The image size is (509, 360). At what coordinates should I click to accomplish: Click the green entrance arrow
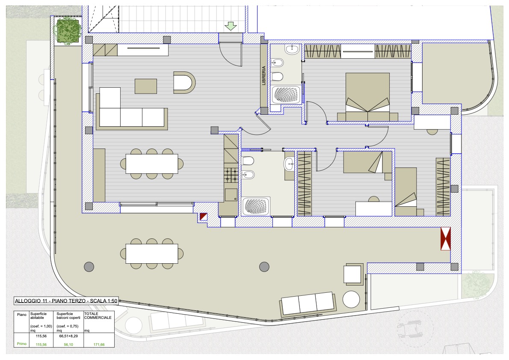click(231, 26)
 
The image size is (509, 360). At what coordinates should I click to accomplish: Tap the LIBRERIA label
click(263, 76)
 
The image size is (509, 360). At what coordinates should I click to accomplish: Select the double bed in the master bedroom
click(367, 97)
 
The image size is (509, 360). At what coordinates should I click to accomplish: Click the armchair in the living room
click(184, 83)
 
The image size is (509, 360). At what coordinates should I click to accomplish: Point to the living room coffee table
click(146, 86)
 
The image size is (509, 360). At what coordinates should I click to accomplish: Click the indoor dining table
click(151, 164)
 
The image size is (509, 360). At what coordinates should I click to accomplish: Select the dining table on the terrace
click(151, 253)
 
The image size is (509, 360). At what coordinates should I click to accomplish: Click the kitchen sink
click(231, 195)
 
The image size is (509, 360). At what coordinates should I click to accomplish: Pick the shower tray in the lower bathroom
click(256, 206)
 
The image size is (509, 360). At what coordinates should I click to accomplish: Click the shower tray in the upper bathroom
click(286, 95)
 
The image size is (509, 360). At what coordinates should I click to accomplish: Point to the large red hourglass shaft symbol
click(445, 238)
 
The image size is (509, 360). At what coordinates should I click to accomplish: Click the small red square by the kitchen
click(203, 217)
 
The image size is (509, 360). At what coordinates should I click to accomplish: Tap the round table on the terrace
click(351, 299)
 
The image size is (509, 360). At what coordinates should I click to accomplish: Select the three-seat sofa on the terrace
click(307, 304)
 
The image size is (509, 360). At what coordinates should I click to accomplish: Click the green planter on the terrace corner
click(68, 31)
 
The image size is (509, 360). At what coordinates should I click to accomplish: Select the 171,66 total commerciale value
click(99, 345)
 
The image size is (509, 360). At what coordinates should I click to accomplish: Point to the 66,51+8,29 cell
click(68, 336)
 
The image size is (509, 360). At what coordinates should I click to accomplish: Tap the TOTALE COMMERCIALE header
click(98, 315)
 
